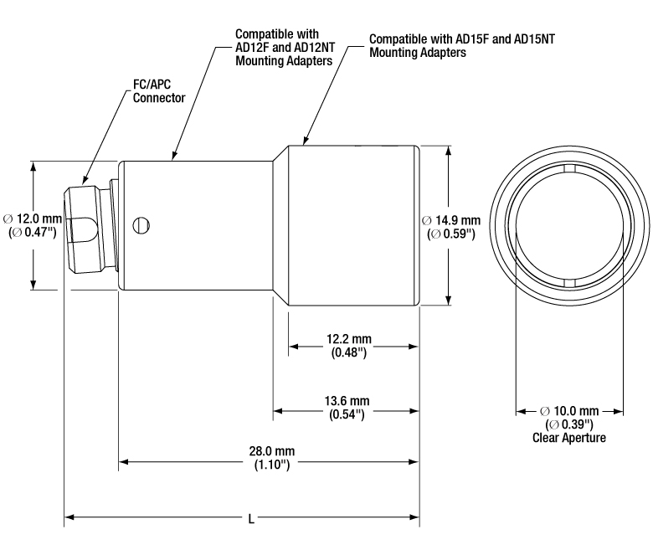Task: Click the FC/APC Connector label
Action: [159, 90]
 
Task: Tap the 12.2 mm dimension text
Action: [349, 339]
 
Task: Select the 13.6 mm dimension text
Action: [347, 401]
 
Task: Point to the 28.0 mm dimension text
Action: [272, 451]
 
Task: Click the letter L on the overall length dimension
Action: [251, 519]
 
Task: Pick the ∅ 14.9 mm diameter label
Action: [451, 220]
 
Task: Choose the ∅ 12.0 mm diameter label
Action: [33, 218]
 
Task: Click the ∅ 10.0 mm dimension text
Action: [569, 411]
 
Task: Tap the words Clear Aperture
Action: [569, 438]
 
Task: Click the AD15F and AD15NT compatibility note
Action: [462, 46]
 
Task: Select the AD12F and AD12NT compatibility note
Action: [285, 48]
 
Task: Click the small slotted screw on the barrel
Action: [141, 226]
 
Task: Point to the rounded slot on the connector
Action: [86, 229]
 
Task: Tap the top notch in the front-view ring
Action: [569, 168]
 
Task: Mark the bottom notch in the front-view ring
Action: [569, 284]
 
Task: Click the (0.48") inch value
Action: [349, 352]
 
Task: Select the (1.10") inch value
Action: [272, 465]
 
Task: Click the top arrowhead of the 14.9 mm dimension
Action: [448, 152]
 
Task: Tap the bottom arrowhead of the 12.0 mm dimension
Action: [33, 284]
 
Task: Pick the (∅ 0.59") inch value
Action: [451, 234]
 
